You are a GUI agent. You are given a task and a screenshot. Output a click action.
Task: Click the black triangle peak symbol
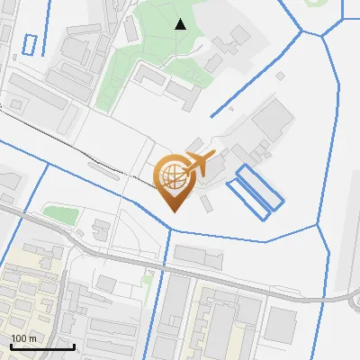pos(180,24)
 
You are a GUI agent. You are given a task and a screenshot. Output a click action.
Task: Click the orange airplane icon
pos(202,163)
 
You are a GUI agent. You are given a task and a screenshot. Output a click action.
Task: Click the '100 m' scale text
pos(23,337)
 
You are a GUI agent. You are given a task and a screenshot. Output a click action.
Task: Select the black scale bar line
pos(41,346)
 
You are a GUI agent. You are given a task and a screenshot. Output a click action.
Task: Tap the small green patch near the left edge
pos(61,215)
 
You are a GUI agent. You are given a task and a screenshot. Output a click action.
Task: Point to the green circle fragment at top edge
pos(318,3)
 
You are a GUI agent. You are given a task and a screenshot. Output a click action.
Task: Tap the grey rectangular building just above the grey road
pos(198,256)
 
